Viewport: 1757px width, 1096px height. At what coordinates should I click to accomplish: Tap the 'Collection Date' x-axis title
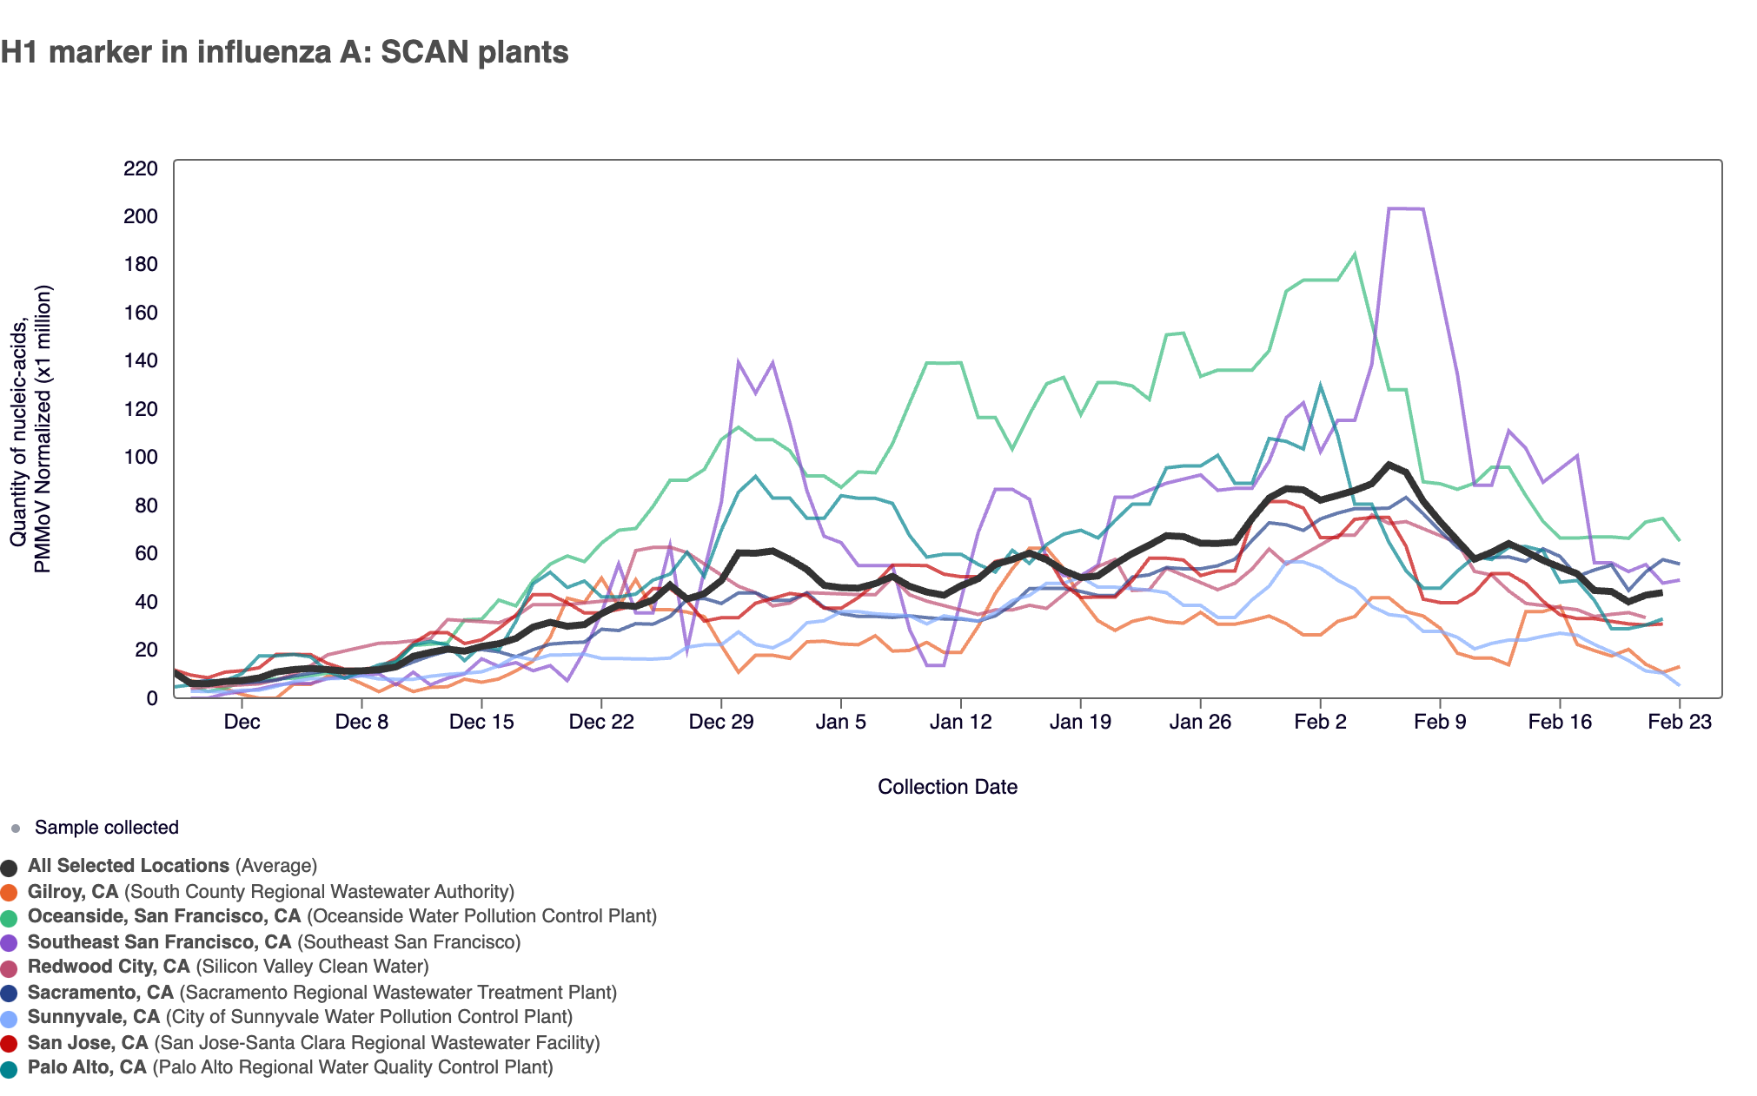(x=947, y=787)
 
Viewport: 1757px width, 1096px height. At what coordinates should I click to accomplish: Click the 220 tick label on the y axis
(x=141, y=168)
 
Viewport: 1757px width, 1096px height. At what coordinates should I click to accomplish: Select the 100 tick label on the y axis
(x=141, y=457)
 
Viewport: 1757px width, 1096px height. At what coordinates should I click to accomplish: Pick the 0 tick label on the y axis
(x=152, y=698)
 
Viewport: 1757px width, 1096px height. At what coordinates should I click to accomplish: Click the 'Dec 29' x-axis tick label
(x=720, y=722)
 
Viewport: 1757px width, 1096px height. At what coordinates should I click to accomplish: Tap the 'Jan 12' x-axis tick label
(x=960, y=722)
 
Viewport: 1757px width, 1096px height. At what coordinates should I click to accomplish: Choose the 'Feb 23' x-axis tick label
(x=1679, y=722)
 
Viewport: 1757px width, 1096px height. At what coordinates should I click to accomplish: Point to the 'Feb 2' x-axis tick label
(x=1320, y=722)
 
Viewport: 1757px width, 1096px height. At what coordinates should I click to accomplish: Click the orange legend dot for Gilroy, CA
(x=10, y=892)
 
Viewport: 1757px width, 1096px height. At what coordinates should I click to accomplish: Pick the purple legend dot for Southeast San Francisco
(x=10, y=942)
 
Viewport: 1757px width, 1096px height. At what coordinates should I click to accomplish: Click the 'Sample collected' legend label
(x=106, y=828)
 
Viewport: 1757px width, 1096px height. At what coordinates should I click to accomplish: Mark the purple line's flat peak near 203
(x=1405, y=208)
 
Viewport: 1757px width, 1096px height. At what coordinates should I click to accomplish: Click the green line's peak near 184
(x=1355, y=254)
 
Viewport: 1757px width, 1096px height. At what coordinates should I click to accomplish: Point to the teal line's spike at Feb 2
(x=1320, y=386)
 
